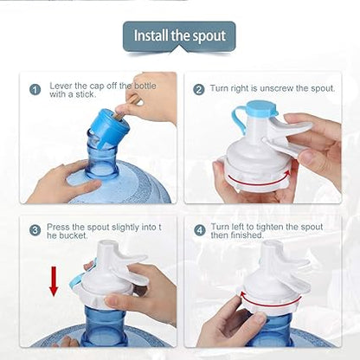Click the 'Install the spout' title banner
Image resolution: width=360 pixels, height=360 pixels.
pyautogui.click(x=179, y=36)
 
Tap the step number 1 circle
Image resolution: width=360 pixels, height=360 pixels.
pyautogui.click(x=35, y=89)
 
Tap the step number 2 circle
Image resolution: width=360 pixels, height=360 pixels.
pyautogui.click(x=199, y=89)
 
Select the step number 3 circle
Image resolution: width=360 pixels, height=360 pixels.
pyautogui.click(x=35, y=230)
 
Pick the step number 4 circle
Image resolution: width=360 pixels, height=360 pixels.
pyautogui.click(x=199, y=230)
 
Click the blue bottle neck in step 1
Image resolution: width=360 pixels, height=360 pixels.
pyautogui.click(x=102, y=160)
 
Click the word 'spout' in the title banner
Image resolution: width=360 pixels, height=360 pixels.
pyautogui.click(x=209, y=36)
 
